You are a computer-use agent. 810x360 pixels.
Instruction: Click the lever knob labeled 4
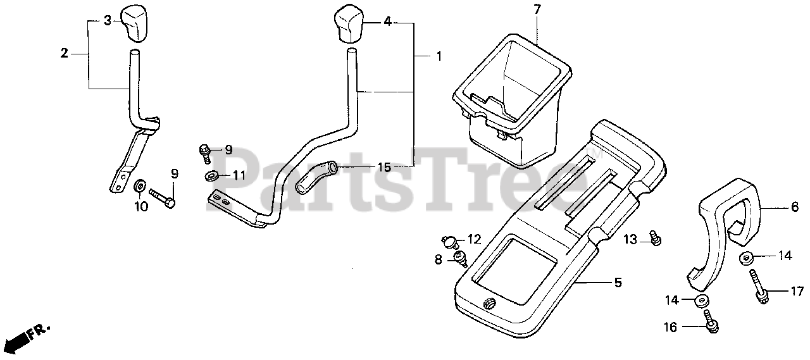click(x=349, y=24)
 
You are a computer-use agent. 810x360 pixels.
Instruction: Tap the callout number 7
click(x=537, y=9)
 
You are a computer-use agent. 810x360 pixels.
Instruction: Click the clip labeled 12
click(x=450, y=240)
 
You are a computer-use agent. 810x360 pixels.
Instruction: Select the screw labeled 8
click(x=461, y=258)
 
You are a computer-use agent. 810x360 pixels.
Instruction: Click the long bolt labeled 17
click(x=758, y=287)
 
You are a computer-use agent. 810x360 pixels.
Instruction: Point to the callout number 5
click(x=618, y=283)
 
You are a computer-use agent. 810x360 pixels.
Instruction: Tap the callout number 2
click(x=64, y=54)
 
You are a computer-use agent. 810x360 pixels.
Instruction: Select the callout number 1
click(x=438, y=57)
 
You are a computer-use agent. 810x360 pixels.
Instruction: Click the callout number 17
click(x=796, y=291)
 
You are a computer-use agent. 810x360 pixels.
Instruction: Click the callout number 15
click(x=384, y=168)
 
